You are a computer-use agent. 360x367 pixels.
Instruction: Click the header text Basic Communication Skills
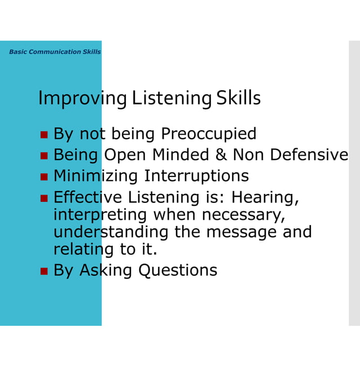pyautogui.click(x=55, y=52)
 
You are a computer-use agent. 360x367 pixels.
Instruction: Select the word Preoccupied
pyautogui.click(x=208, y=134)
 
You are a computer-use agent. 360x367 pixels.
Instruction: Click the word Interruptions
pyautogui.click(x=196, y=176)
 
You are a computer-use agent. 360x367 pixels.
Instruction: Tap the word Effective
pyautogui.click(x=87, y=197)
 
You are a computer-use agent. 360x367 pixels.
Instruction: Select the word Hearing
pyautogui.click(x=265, y=197)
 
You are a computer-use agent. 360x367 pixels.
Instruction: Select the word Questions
pyautogui.click(x=178, y=271)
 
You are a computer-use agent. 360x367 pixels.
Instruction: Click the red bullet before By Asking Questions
pyautogui.click(x=44, y=271)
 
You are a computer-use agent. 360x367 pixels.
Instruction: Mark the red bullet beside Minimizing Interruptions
pyautogui.click(x=44, y=176)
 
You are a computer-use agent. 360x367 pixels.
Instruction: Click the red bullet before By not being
pyautogui.click(x=44, y=135)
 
